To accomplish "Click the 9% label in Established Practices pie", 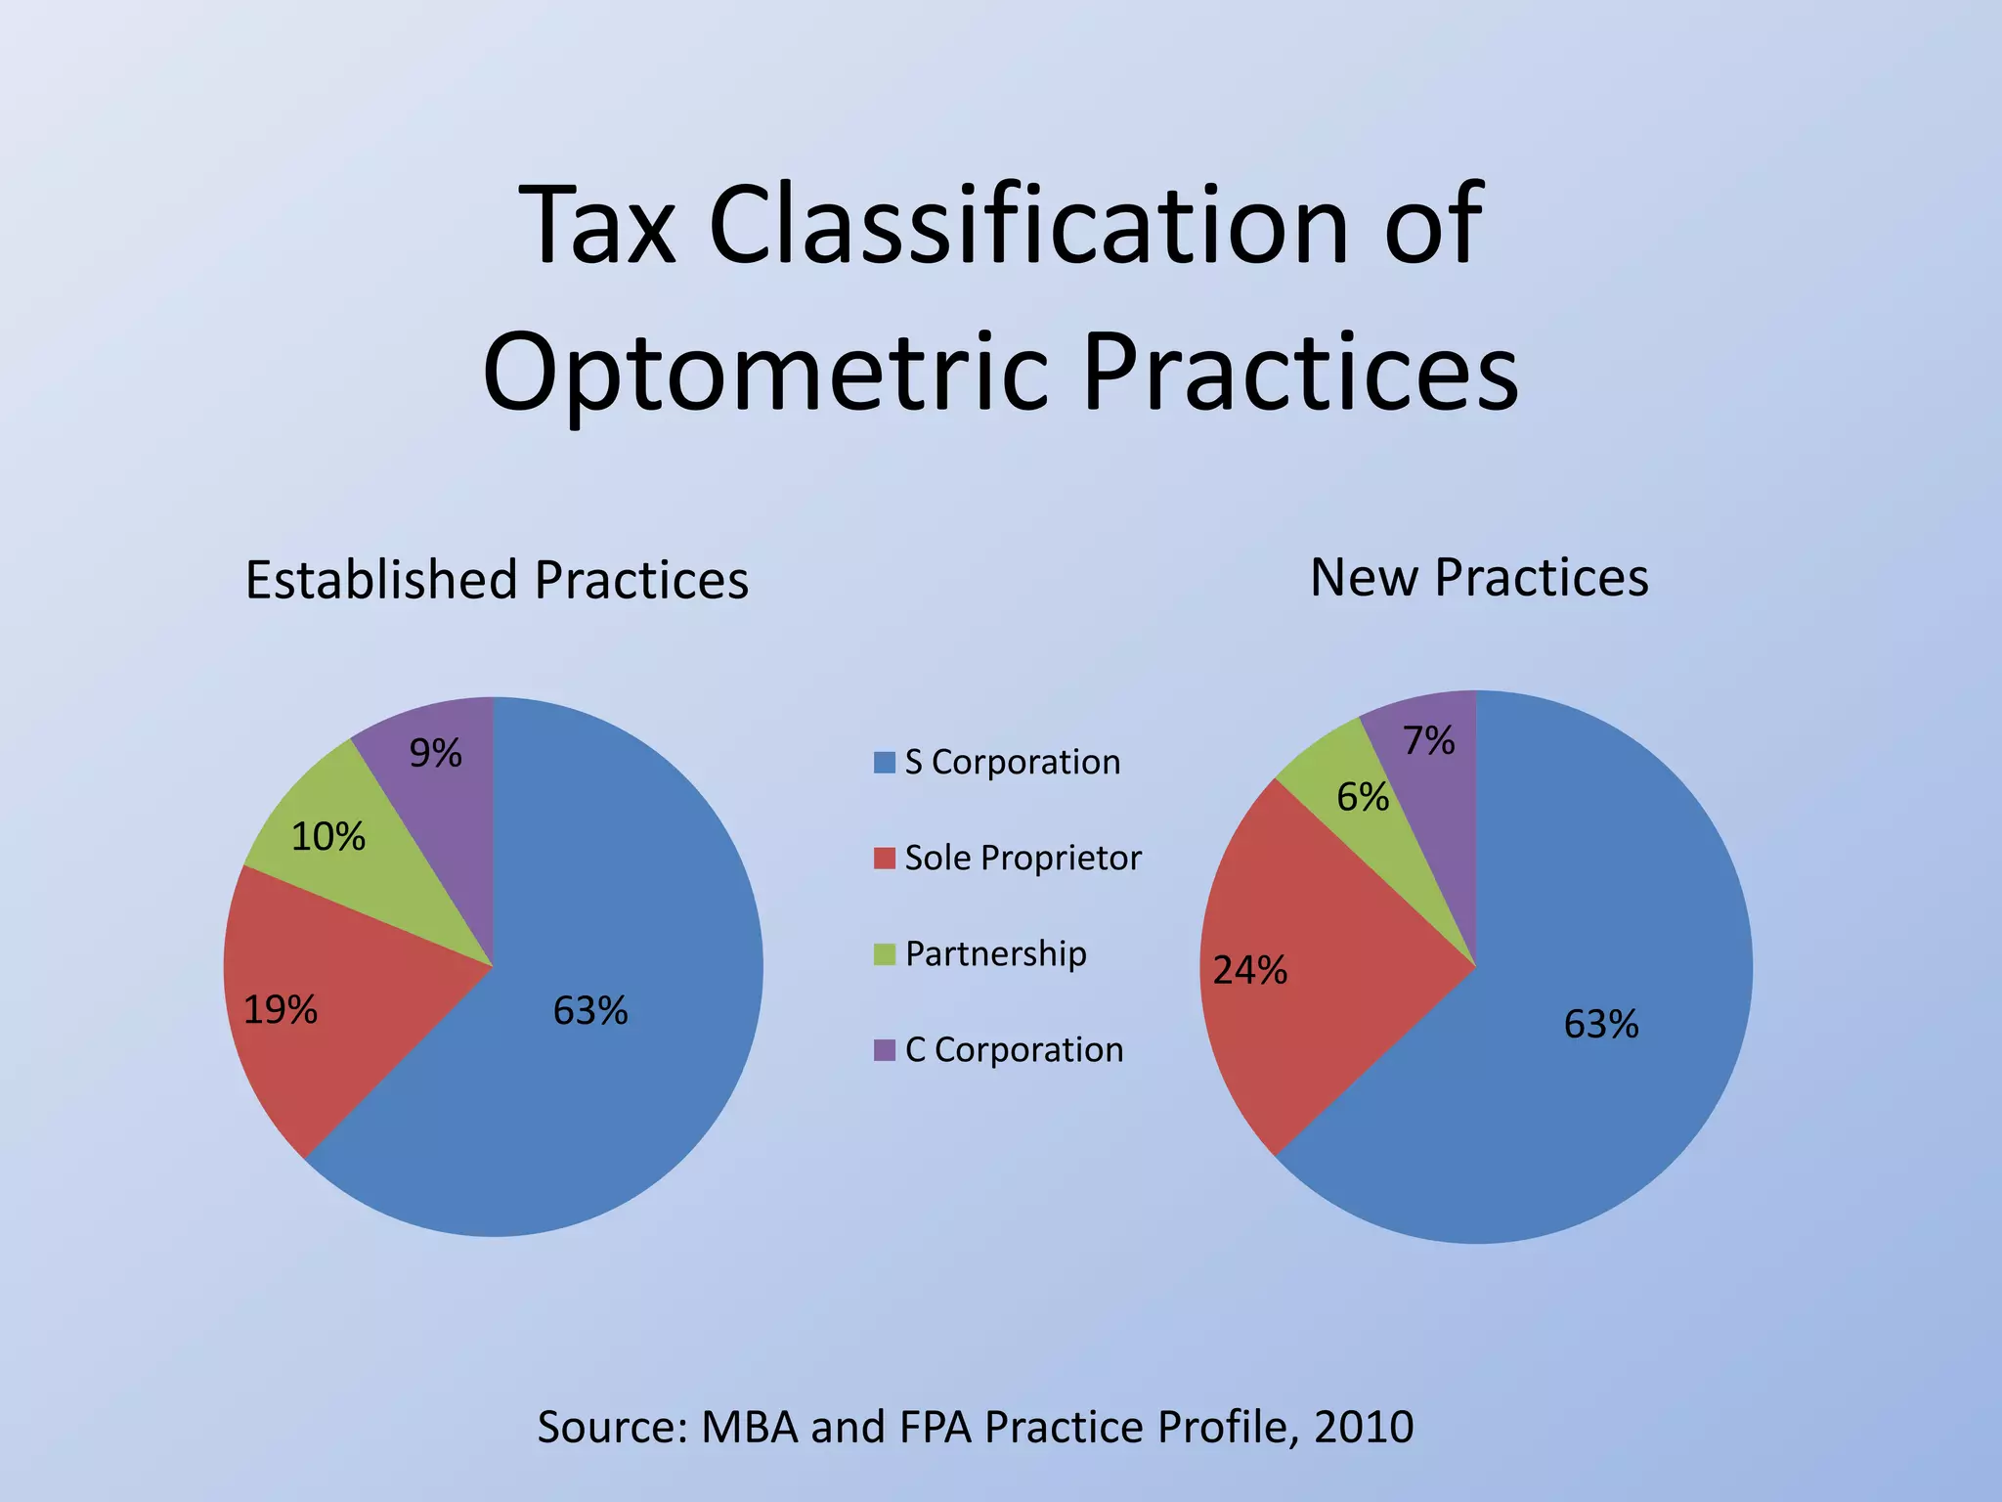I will point(435,753).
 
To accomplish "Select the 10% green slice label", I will point(328,837).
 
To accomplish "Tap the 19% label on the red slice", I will point(280,1010).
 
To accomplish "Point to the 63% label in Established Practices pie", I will point(589,1011).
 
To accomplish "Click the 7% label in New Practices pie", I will point(1428,741).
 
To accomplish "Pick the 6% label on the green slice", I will point(1362,798).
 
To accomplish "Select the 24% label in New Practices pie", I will point(1249,971).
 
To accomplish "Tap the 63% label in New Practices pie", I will point(1600,1025).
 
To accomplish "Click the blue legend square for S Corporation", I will point(884,763).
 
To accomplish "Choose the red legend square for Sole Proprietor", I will point(884,859).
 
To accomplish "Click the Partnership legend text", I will point(995,953).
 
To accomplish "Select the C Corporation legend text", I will point(1014,1049).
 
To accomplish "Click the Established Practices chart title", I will point(497,580).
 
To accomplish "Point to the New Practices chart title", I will point(1478,577).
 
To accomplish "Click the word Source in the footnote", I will point(612,1427).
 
